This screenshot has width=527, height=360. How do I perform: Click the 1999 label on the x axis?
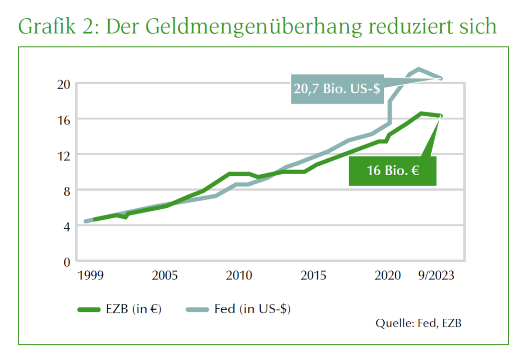[91, 276]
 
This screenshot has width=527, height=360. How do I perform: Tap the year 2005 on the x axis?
[165, 276]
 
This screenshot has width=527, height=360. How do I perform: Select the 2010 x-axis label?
[239, 276]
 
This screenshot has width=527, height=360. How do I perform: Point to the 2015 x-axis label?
[313, 276]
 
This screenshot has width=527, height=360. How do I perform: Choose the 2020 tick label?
[388, 276]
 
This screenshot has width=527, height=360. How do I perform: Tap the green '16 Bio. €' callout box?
[393, 170]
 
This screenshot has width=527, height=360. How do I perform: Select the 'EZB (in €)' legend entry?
[120, 309]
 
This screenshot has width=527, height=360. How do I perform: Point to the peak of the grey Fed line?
[419, 69]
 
